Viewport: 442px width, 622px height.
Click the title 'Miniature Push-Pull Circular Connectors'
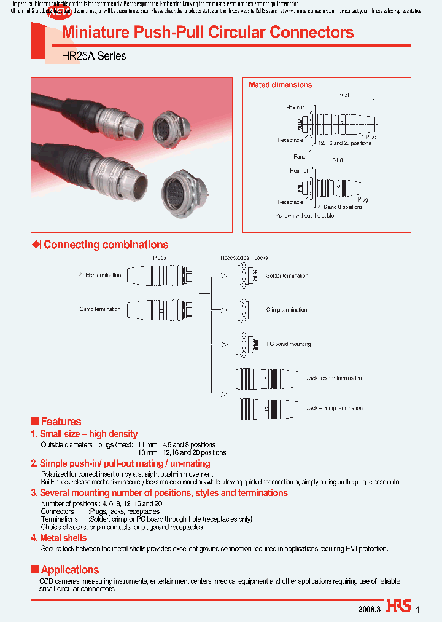coord(207,33)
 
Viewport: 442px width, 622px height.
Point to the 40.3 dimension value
coord(344,95)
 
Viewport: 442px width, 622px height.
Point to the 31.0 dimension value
coord(337,160)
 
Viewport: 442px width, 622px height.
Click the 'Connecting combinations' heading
coord(106,245)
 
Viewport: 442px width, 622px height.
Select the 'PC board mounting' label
coord(289,344)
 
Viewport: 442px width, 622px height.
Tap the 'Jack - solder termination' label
coord(334,379)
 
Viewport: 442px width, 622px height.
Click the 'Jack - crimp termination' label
coord(334,408)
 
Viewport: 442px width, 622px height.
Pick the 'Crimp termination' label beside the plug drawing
coord(99,309)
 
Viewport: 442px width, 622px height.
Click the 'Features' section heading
coord(60,422)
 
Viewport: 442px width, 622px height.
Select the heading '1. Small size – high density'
coord(84,434)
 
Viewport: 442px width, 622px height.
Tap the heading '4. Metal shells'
coord(59,538)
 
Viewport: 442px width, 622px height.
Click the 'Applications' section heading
coord(69,570)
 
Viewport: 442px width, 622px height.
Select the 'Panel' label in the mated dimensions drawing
coord(300,157)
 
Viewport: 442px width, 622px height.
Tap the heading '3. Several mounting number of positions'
coord(159,493)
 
